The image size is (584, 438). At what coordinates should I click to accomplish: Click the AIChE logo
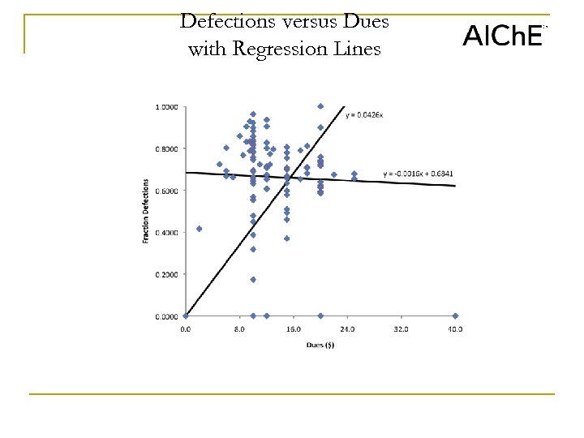pyautogui.click(x=502, y=35)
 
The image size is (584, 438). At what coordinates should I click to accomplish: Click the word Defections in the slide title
pyautogui.click(x=228, y=22)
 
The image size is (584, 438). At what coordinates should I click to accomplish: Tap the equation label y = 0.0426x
pyautogui.click(x=364, y=115)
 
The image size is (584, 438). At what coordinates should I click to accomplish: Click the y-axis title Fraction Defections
pyautogui.click(x=146, y=211)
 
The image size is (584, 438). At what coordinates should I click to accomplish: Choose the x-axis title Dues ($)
pyautogui.click(x=320, y=344)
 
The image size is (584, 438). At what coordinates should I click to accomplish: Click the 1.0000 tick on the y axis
pyautogui.click(x=168, y=107)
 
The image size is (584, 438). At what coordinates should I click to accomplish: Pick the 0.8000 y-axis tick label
pyautogui.click(x=168, y=149)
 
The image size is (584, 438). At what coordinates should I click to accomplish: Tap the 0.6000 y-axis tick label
pyautogui.click(x=168, y=191)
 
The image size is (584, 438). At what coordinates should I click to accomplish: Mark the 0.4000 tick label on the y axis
pyautogui.click(x=168, y=233)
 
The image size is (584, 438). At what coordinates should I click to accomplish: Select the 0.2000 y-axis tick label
pyautogui.click(x=168, y=274)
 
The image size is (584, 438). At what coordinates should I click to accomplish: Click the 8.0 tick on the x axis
pyautogui.click(x=239, y=329)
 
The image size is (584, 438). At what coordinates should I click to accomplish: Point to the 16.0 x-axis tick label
pyautogui.click(x=294, y=329)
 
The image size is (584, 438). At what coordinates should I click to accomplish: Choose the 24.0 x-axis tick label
pyautogui.click(x=347, y=329)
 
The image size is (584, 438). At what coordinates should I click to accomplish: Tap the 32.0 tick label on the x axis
pyautogui.click(x=401, y=329)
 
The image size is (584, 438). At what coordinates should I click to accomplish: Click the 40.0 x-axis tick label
pyautogui.click(x=455, y=329)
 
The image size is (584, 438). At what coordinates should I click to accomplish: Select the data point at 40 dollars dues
pyautogui.click(x=455, y=316)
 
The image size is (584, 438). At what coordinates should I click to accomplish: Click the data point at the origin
pyautogui.click(x=186, y=316)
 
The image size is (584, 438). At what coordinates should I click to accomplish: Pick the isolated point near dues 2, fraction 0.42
pyautogui.click(x=200, y=229)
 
